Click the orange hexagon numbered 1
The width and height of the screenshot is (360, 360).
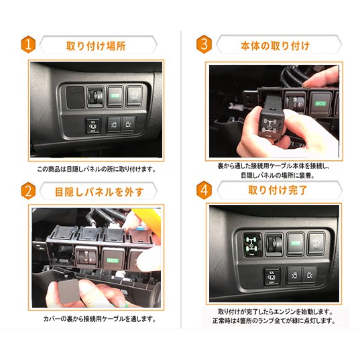coord(28,44)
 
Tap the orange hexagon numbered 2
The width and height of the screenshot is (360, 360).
coord(28,191)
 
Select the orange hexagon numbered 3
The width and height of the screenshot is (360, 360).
coord(204,44)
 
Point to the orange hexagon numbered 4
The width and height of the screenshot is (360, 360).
coord(204,190)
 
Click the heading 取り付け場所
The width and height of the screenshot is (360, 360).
coord(96,46)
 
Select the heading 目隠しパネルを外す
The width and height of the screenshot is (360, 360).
coord(99,192)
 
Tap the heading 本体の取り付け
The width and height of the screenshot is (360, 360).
coord(275,46)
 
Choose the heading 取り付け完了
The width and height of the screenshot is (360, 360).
coord(278,190)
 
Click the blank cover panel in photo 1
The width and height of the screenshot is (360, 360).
coord(75,97)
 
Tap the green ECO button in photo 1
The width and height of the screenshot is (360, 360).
coord(115,96)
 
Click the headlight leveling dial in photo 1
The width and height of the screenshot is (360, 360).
coord(95,97)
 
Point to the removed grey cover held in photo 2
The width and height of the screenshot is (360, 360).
coord(68,291)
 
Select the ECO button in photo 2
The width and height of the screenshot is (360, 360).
coord(113,259)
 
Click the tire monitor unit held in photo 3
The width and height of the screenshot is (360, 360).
coord(271,124)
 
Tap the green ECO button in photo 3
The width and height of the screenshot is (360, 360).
coord(320,103)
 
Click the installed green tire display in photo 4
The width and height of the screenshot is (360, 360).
coord(253,244)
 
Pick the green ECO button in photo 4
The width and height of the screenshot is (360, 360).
coord(296,243)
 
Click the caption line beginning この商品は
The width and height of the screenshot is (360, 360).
coord(97,170)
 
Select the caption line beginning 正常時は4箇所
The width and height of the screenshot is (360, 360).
coord(274,320)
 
